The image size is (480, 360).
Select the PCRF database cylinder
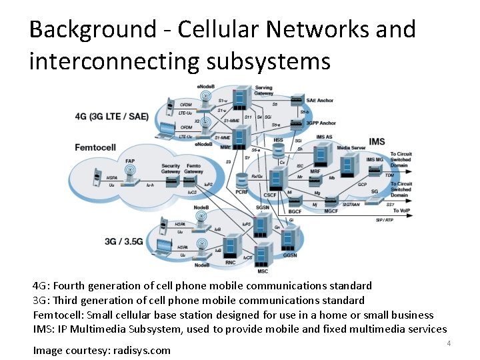point(243,181)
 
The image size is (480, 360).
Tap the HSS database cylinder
point(279,152)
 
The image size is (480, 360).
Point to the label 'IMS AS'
point(324,137)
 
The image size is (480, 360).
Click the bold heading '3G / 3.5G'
point(123,241)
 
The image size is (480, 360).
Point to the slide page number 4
point(449,343)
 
